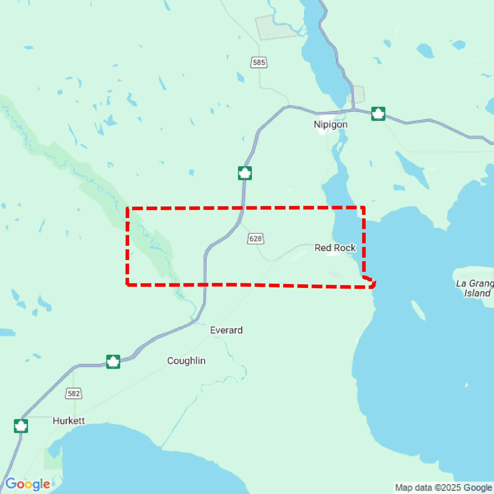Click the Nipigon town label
pyautogui.click(x=331, y=125)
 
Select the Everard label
pyautogui.click(x=226, y=330)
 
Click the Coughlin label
pyautogui.click(x=186, y=361)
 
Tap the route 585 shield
pyautogui.click(x=259, y=62)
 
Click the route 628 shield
pyautogui.click(x=255, y=239)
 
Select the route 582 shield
pyautogui.click(x=74, y=393)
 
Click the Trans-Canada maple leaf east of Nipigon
pyautogui.click(x=378, y=114)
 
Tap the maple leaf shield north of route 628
pyautogui.click(x=245, y=173)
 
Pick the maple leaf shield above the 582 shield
pyautogui.click(x=113, y=362)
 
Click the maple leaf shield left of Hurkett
pyautogui.click(x=21, y=426)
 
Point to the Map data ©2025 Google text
pyautogui.click(x=444, y=487)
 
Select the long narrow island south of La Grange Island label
pyautogui.click(x=418, y=310)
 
